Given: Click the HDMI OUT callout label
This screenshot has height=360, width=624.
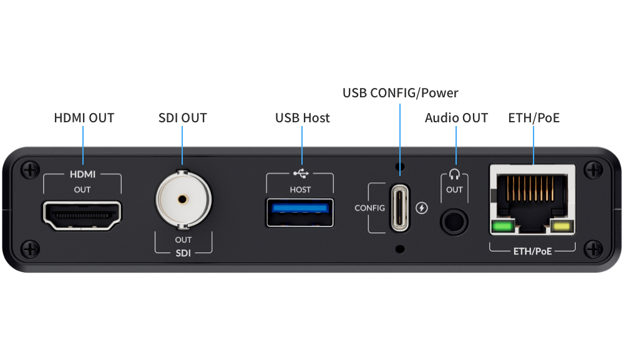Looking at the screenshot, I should point(84,118).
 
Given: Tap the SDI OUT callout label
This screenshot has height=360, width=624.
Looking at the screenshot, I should point(182,118).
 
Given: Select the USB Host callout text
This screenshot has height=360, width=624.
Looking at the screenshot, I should point(303,118).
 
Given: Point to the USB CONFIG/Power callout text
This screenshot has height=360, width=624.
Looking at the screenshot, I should point(401,93).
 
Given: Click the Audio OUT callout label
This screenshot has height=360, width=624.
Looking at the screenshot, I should point(457,118).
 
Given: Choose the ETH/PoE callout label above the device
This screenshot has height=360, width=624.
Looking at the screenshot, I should point(534,118).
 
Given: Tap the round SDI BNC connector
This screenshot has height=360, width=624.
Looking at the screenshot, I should point(183,200).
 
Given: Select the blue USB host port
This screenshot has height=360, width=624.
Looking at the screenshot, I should point(300,212).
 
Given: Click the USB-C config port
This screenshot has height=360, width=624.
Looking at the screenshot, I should point(401,207).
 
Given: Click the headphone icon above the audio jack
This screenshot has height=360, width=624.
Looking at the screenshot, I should point(454,175).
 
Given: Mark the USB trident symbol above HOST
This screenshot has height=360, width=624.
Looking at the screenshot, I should point(300,174).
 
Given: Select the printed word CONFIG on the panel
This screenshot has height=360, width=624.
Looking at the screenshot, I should point(370,208).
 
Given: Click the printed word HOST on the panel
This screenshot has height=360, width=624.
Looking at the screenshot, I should point(300,189).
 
